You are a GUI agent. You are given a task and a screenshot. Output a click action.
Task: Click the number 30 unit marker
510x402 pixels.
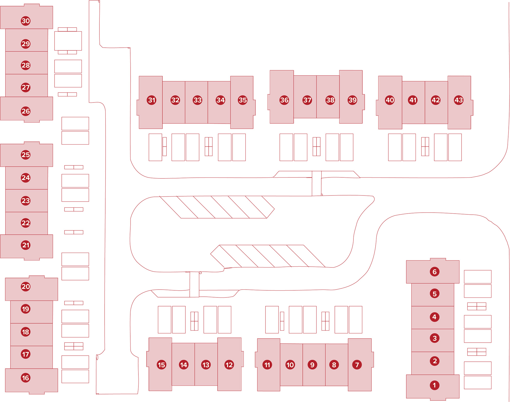[25, 21]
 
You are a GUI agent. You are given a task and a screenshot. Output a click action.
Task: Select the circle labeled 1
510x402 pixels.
[435, 385]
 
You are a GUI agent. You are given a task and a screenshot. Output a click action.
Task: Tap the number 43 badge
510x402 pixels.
[459, 100]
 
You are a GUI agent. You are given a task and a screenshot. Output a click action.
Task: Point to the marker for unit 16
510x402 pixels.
[25, 378]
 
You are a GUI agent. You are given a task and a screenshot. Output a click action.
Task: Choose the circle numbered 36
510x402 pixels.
[284, 100]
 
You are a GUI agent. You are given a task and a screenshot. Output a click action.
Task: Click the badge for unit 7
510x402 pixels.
[357, 365]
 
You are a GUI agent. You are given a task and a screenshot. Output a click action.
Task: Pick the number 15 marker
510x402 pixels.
[161, 365]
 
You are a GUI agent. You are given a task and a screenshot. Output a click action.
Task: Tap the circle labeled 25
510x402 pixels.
[25, 155]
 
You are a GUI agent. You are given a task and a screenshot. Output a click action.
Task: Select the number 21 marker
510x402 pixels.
[25, 245]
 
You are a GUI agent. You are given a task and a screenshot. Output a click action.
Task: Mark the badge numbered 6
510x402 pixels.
[435, 272]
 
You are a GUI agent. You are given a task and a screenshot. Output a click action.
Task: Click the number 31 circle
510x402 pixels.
[152, 100]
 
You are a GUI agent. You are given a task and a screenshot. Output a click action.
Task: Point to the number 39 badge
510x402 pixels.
[352, 100]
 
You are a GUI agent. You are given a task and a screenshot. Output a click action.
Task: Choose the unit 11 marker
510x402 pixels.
[267, 365]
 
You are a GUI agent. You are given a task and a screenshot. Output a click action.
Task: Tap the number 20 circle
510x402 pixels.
[25, 287]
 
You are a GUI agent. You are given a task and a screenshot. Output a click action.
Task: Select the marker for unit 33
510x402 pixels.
[197, 100]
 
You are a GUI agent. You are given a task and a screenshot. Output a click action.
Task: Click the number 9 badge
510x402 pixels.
[312, 365]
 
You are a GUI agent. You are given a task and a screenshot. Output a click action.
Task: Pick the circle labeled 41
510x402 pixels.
[413, 100]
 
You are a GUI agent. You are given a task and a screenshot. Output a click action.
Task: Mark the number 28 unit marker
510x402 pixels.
[25, 65]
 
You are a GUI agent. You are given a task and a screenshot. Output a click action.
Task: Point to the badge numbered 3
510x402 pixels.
[435, 338]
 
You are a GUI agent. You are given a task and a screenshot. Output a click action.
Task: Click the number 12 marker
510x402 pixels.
[229, 365]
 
